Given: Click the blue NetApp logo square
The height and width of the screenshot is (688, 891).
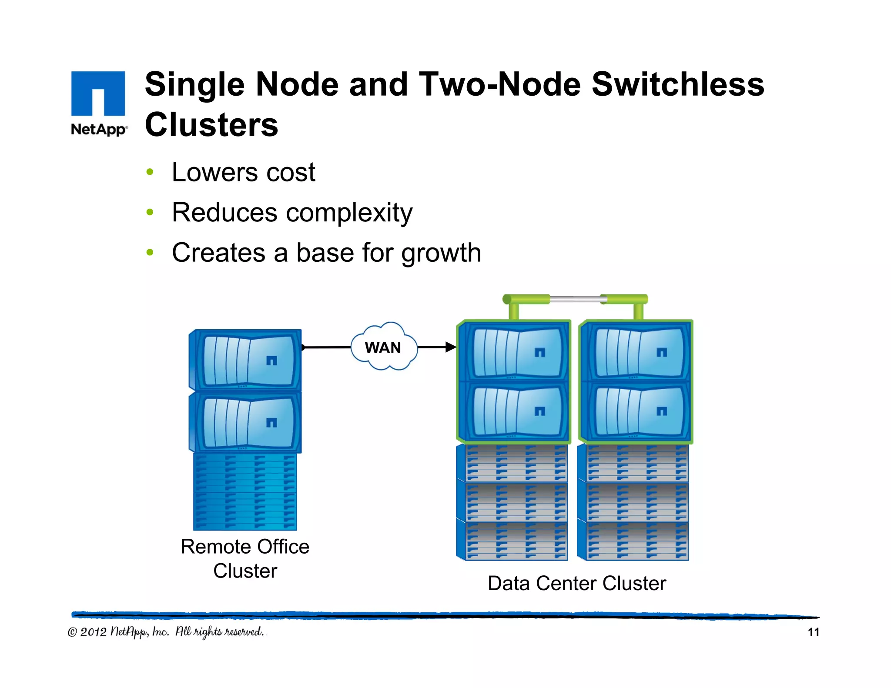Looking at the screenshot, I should [98, 93].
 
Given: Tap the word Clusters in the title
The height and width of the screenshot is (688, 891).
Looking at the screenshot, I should [211, 125].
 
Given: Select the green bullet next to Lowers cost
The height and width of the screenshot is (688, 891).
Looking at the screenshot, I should [150, 172].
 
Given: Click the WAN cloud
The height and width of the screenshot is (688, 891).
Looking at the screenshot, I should [383, 347].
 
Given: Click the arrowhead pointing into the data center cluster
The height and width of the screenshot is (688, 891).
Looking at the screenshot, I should [451, 347].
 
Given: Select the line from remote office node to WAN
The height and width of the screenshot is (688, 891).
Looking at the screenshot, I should [326, 347].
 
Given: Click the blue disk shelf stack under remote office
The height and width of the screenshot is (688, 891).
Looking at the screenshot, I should [245, 491].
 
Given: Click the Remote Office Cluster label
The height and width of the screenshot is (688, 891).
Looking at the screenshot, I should [245, 558].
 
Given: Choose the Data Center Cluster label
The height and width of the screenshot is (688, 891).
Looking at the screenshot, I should [576, 584].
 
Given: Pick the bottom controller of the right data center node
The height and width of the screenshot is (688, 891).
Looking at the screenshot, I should [636, 411].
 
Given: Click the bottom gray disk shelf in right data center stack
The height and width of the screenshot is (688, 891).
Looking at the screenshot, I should [633, 541].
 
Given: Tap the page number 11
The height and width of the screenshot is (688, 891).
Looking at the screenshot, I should [813, 632].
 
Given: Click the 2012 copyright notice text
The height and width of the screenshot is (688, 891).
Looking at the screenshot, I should [165, 632].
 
